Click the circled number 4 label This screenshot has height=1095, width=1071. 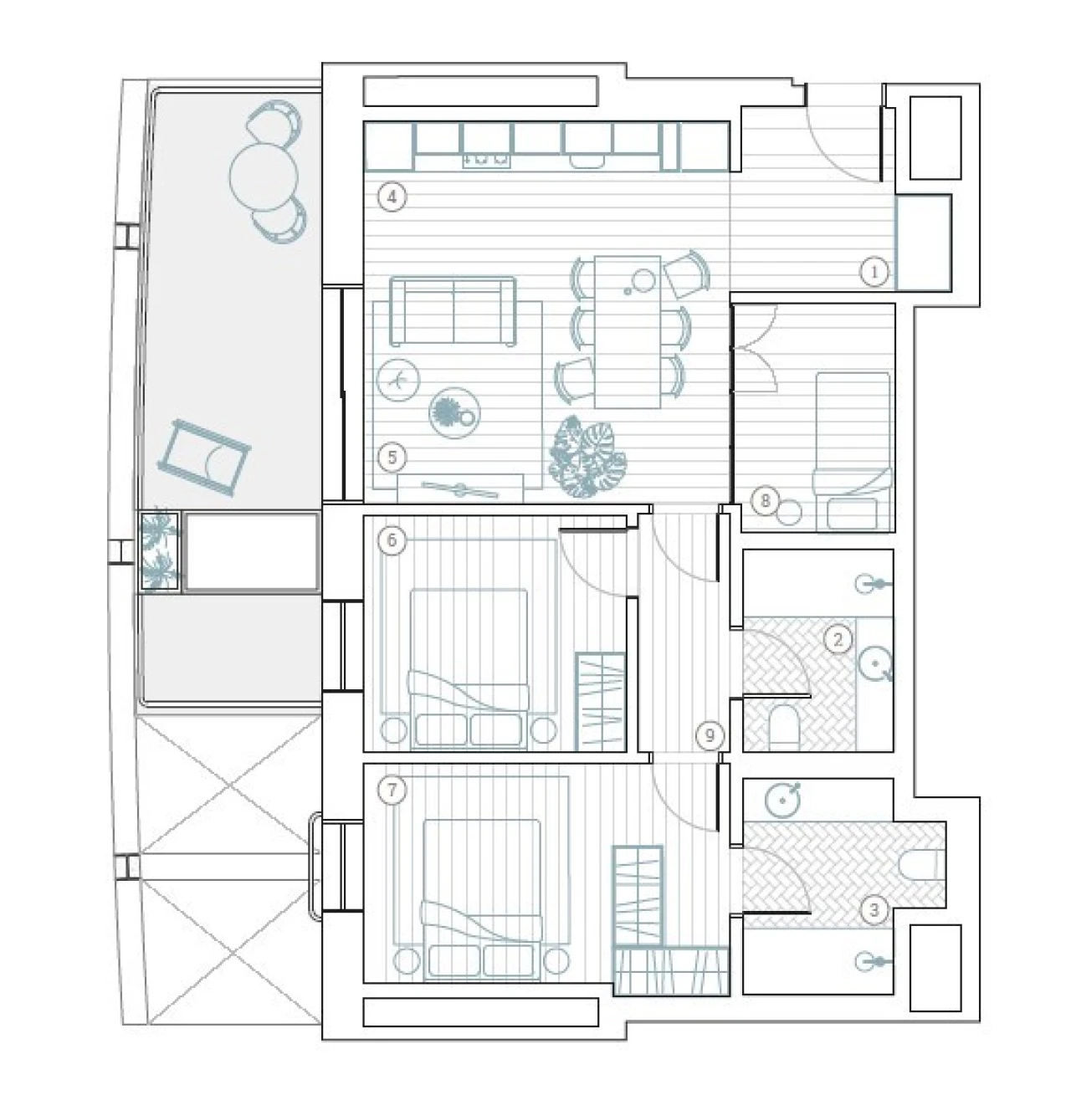click(x=392, y=197)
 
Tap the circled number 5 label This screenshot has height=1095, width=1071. click(x=392, y=458)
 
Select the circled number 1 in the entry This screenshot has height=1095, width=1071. click(x=874, y=272)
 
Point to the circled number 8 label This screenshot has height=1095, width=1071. click(x=765, y=501)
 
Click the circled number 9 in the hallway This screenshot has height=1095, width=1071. click(x=710, y=735)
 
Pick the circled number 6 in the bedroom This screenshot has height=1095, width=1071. click(x=392, y=540)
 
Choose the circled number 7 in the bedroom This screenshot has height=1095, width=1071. click(x=392, y=791)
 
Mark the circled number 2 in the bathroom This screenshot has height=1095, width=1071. click(x=838, y=640)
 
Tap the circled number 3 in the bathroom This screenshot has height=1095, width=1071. click(x=874, y=909)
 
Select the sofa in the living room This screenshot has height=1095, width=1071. click(x=453, y=311)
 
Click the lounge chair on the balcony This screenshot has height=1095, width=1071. click(x=205, y=457)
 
